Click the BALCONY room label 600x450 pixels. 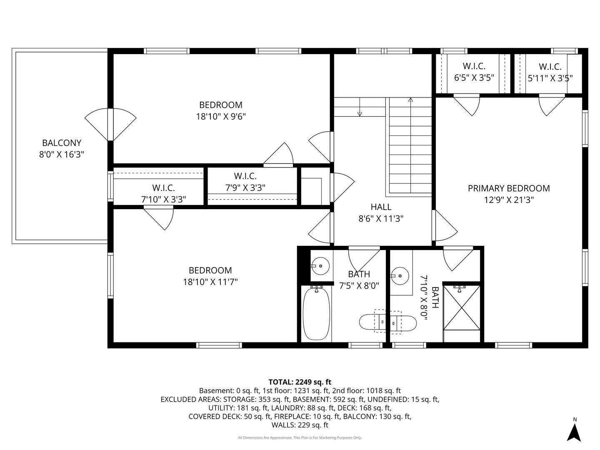click(x=62, y=143)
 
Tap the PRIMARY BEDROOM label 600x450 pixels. click(x=509, y=188)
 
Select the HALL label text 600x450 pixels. click(x=381, y=207)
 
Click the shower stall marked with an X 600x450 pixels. click(x=461, y=307)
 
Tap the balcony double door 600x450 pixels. click(x=110, y=125)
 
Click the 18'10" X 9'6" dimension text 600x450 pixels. click(x=221, y=117)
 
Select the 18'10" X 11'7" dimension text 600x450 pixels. click(x=210, y=282)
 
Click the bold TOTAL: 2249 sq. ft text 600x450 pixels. click(x=300, y=382)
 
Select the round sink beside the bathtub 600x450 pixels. click(x=320, y=265)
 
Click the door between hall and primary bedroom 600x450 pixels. click(x=445, y=226)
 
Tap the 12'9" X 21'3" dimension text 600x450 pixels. click(x=509, y=200)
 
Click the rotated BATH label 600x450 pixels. click(x=435, y=297)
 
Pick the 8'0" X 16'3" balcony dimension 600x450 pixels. click(x=62, y=155)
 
